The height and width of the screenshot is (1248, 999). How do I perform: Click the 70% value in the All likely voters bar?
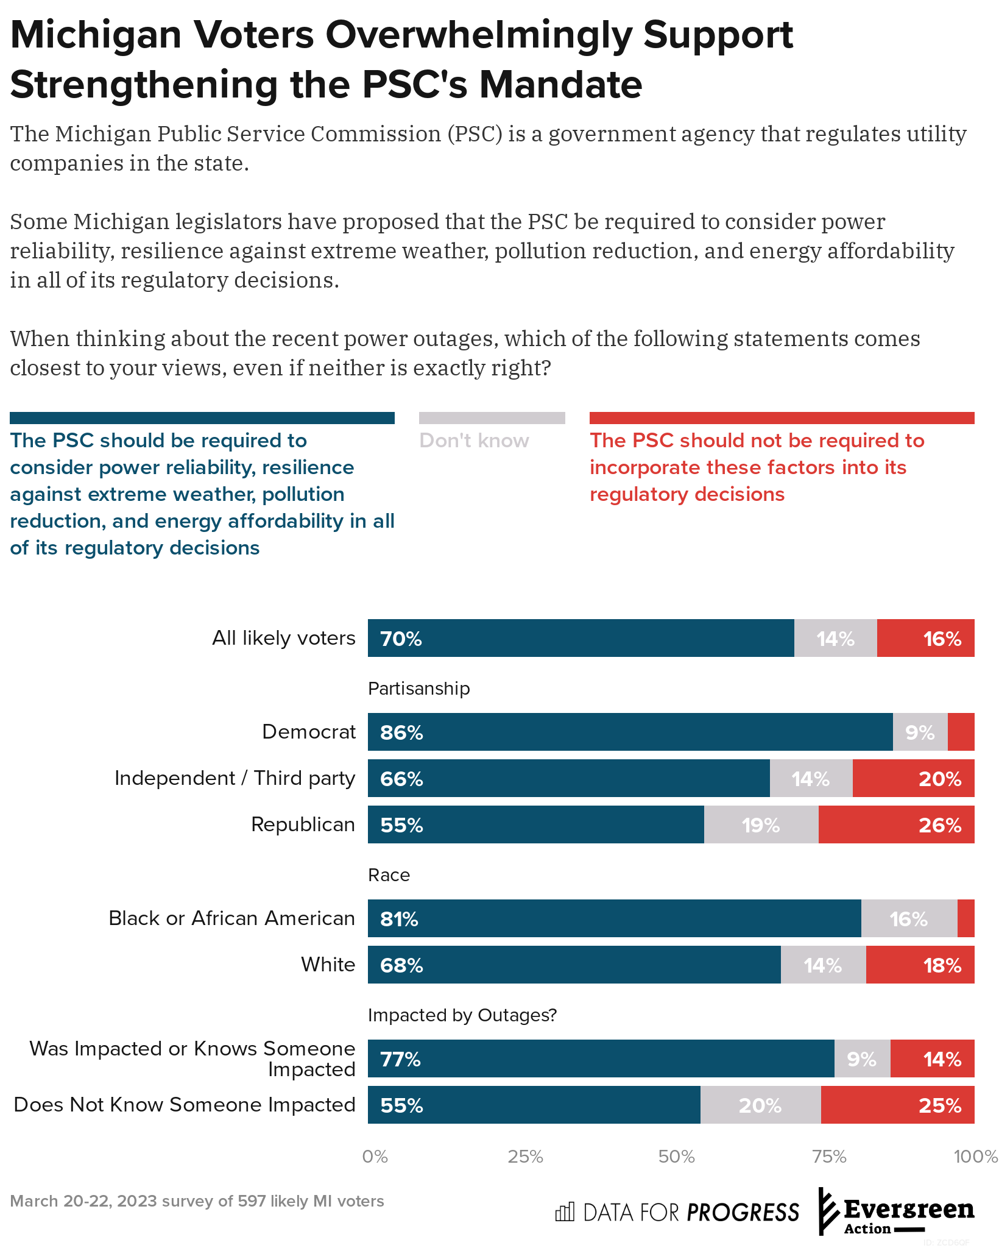pyautogui.click(x=401, y=639)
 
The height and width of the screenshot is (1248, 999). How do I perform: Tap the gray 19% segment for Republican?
pyautogui.click(x=761, y=825)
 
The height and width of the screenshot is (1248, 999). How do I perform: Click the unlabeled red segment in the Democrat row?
pyautogui.click(x=961, y=732)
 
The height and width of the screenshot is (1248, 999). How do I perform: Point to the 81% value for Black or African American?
pyautogui.click(x=399, y=919)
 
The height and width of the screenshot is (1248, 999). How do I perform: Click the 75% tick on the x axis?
pyautogui.click(x=830, y=1157)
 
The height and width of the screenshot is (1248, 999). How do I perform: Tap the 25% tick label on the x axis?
pyautogui.click(x=525, y=1157)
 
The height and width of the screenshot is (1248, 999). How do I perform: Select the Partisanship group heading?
pyautogui.click(x=419, y=689)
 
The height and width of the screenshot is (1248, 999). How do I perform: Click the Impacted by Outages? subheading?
pyautogui.click(x=462, y=1015)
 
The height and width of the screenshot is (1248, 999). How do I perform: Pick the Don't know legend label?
pyautogui.click(x=474, y=441)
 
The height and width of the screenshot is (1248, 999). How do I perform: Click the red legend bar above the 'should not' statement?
pyautogui.click(x=782, y=418)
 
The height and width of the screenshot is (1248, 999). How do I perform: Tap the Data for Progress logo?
pyautogui.click(x=677, y=1212)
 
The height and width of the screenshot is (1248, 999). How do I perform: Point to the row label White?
pyautogui.click(x=328, y=965)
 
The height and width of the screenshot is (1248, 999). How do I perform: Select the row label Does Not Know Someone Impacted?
pyautogui.click(x=185, y=1105)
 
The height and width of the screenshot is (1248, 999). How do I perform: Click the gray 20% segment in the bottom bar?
pyautogui.click(x=760, y=1105)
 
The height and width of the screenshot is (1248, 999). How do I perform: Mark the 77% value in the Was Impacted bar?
pyautogui.click(x=400, y=1060)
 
